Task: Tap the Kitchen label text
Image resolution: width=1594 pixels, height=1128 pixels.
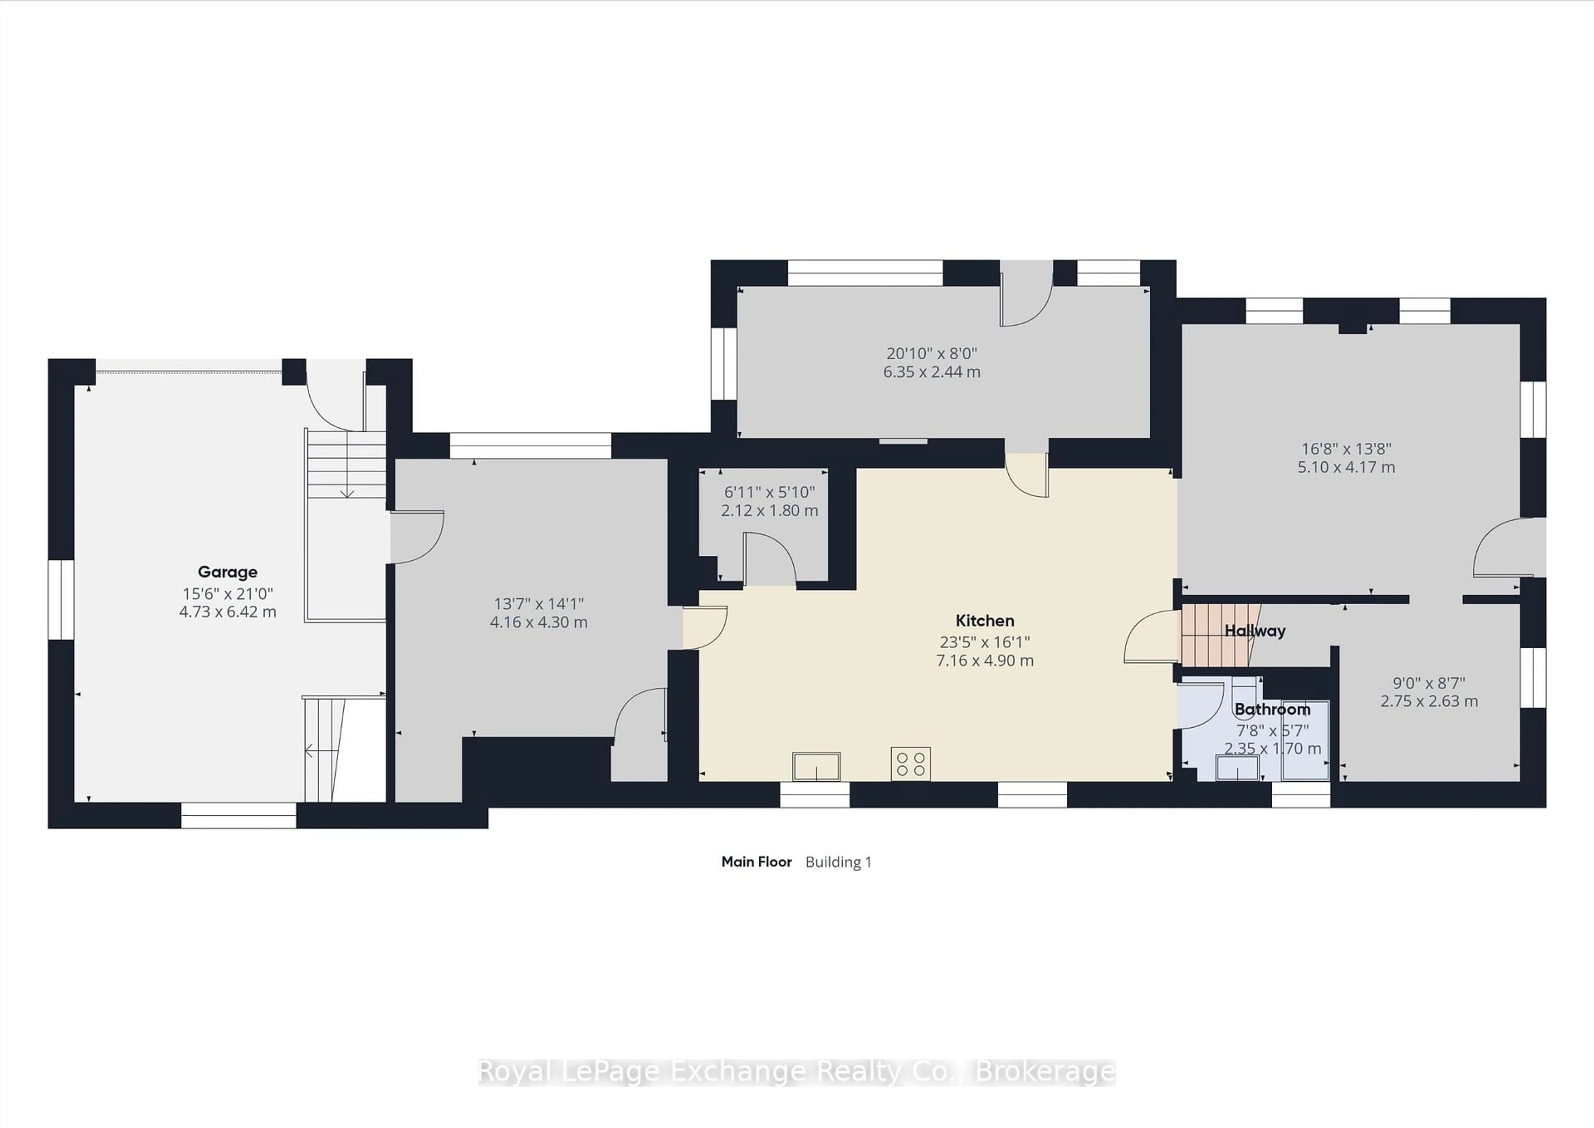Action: [x=985, y=620]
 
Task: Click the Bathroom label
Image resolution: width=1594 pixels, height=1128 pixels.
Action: [x=1272, y=709]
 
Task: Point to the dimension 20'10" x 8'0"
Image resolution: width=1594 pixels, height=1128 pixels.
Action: [x=931, y=353]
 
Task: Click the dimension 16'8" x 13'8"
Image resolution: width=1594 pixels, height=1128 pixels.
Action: [x=1345, y=449]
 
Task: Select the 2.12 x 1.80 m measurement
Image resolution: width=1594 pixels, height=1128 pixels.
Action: [x=769, y=510]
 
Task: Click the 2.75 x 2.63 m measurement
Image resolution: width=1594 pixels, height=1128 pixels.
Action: [x=1429, y=701]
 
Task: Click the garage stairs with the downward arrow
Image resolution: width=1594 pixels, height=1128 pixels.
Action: [x=346, y=464]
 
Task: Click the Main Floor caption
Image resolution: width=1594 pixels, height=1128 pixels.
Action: [x=756, y=862]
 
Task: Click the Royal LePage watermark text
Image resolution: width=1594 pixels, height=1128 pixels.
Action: [x=796, y=1072]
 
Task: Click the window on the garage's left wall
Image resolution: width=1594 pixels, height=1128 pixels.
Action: [x=61, y=599]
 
